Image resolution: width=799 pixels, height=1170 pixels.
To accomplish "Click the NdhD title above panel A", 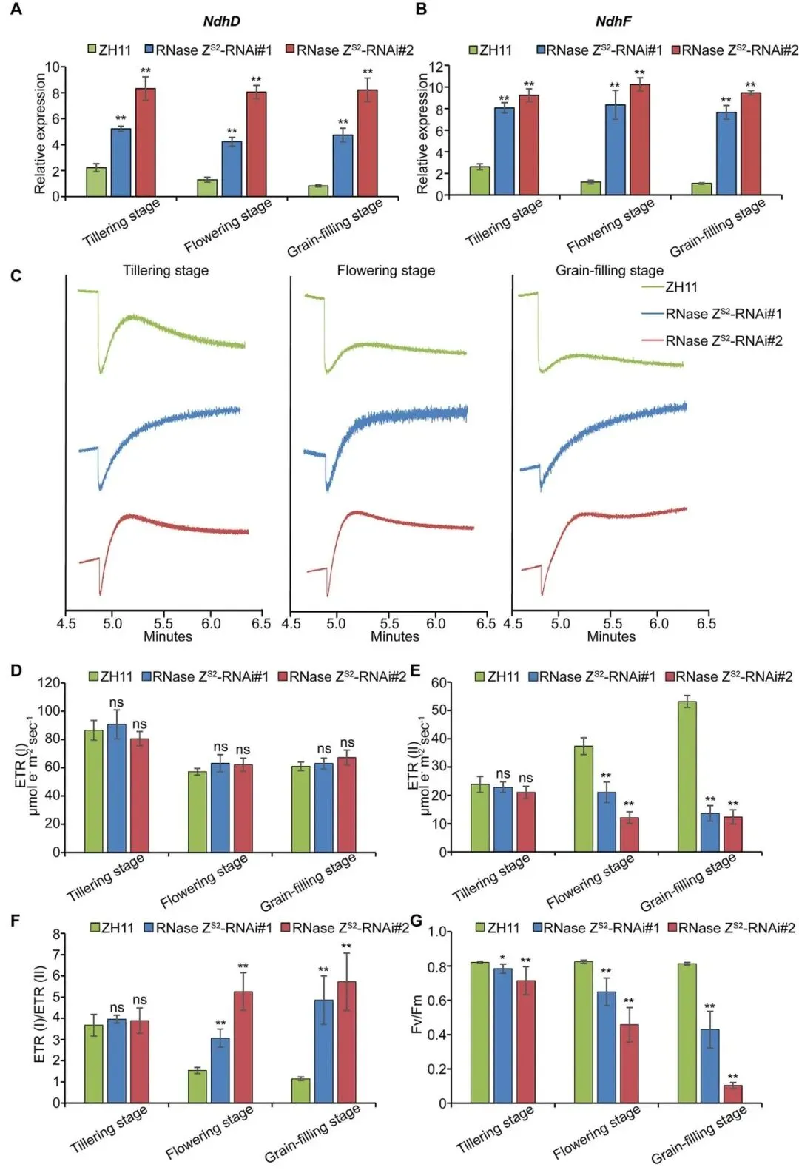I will pyautogui.click(x=221, y=21).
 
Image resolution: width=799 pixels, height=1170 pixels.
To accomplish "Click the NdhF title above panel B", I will pyautogui.click(x=613, y=21).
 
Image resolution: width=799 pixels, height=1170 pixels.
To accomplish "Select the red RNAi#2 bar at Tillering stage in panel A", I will pyautogui.click(x=145, y=142).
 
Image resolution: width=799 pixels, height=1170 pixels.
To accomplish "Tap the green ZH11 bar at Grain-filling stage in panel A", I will pyautogui.click(x=318, y=191).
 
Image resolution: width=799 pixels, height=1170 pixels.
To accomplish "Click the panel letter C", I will pyautogui.click(x=16, y=276).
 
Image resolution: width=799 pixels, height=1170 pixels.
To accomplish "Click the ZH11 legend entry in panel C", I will pyautogui.click(x=681, y=287).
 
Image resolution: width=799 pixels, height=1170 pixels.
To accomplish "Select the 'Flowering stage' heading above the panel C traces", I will pyautogui.click(x=385, y=271).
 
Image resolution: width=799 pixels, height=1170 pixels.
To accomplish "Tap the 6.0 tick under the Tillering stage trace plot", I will pyautogui.click(x=211, y=624).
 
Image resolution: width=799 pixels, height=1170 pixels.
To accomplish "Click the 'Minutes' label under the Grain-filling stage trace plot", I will pyautogui.click(x=611, y=636).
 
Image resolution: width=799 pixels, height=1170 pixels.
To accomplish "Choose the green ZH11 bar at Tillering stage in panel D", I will pyautogui.click(x=94, y=791).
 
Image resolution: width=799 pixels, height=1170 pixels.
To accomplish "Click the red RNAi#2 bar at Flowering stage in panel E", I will pyautogui.click(x=629, y=835).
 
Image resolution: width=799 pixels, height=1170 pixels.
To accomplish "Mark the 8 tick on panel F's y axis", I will pyautogui.click(x=57, y=934).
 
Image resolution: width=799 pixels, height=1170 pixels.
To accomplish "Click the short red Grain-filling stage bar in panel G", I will pyautogui.click(x=732, y=1094).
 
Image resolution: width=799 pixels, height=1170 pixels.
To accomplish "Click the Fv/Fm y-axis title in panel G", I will pyautogui.click(x=417, y=1015).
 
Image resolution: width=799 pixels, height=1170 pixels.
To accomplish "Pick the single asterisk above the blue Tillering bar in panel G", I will pyautogui.click(x=502, y=958).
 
